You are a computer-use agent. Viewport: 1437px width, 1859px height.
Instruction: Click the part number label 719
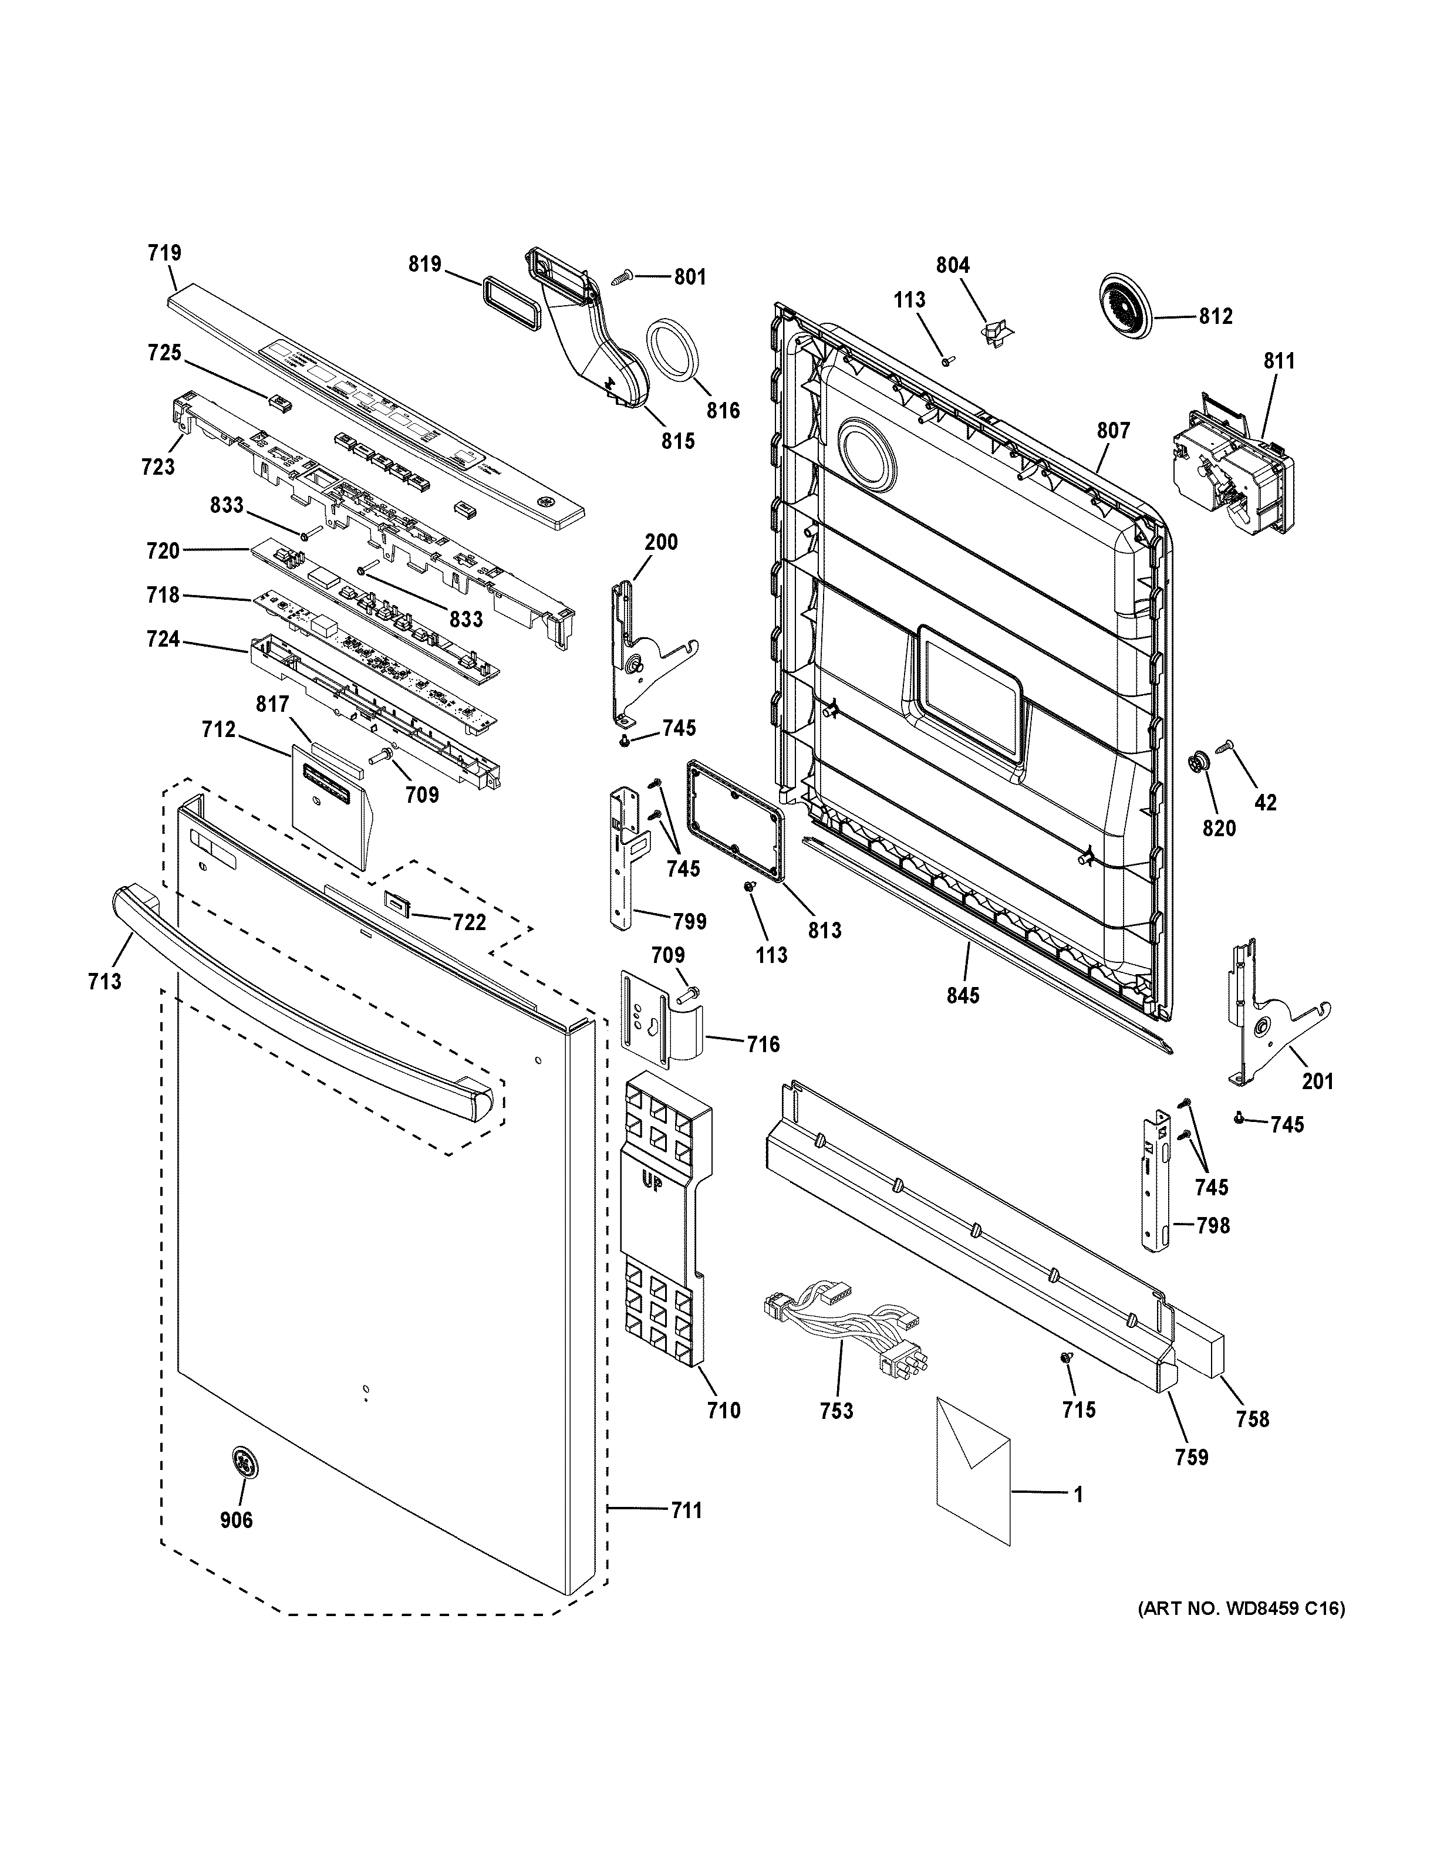click(x=164, y=253)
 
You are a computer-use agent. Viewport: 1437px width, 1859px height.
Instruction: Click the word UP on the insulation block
click(x=651, y=1183)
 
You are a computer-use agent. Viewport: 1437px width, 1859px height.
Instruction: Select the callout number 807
click(x=1112, y=431)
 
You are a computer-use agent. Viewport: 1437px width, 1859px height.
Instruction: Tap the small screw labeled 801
click(x=622, y=276)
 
